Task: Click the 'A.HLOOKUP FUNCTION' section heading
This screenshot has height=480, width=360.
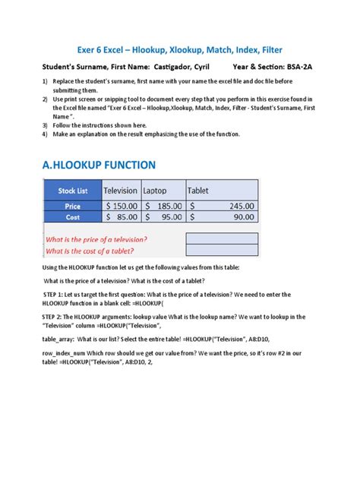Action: click(99, 165)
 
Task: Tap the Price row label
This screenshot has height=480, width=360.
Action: click(73, 205)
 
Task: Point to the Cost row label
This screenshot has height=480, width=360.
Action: click(73, 217)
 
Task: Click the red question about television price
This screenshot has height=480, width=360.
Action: click(96, 239)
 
